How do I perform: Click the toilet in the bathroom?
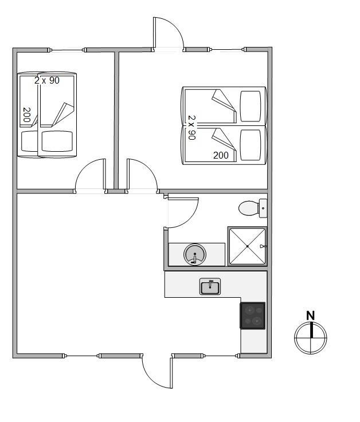point(252,208)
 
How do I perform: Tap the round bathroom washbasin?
point(195,254)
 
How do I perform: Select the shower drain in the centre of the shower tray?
point(248,246)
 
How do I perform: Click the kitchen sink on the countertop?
point(210,286)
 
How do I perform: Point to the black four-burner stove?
point(252,315)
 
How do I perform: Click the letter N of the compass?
point(311,315)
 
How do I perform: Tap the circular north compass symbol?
point(311,337)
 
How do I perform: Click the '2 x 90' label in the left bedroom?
point(47,80)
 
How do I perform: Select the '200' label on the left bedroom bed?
point(27,115)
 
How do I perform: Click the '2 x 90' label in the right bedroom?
point(192,128)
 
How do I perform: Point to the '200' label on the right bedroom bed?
point(221,155)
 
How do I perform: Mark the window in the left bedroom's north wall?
point(66,50)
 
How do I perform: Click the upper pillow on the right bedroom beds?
point(251,107)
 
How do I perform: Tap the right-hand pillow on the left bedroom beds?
point(57,141)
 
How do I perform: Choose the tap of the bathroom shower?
point(263,246)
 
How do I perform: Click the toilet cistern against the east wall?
point(263,208)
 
